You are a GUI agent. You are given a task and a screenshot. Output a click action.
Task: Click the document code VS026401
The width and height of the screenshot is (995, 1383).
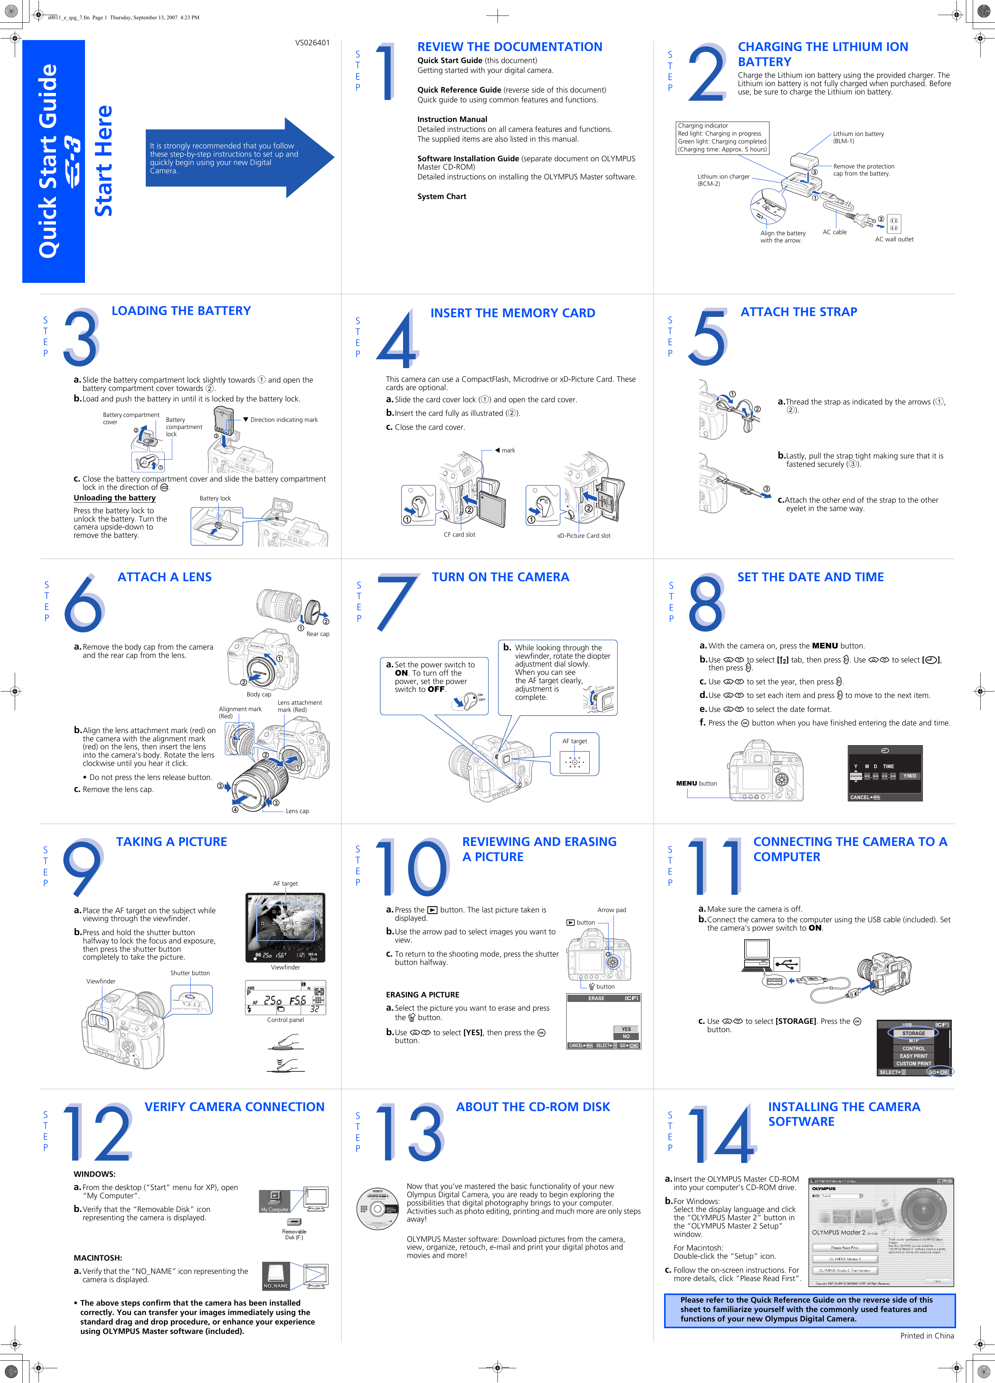click(x=312, y=43)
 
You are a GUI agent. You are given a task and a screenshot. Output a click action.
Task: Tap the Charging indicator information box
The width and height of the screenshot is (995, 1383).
click(x=722, y=138)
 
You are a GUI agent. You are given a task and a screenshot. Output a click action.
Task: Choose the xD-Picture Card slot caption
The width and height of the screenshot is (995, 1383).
click(x=583, y=536)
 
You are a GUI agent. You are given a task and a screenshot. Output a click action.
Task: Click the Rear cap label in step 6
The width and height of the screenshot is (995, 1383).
click(x=317, y=634)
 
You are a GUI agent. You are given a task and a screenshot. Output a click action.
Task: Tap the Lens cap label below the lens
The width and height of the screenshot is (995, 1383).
click(x=297, y=811)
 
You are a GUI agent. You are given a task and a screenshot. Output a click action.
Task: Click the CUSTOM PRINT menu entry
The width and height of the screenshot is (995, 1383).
click(x=913, y=1063)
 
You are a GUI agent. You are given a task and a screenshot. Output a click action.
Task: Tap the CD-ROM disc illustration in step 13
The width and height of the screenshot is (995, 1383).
click(x=378, y=1209)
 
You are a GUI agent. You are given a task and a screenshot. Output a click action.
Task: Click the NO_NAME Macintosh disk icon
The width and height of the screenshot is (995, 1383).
click(x=276, y=1276)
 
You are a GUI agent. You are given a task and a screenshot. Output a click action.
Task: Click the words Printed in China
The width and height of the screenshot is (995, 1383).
click(x=927, y=1335)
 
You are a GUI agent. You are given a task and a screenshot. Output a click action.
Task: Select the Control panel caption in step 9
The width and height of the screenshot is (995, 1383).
click(x=285, y=1020)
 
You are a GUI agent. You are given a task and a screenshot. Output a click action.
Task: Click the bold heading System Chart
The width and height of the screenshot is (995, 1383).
click(x=442, y=196)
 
